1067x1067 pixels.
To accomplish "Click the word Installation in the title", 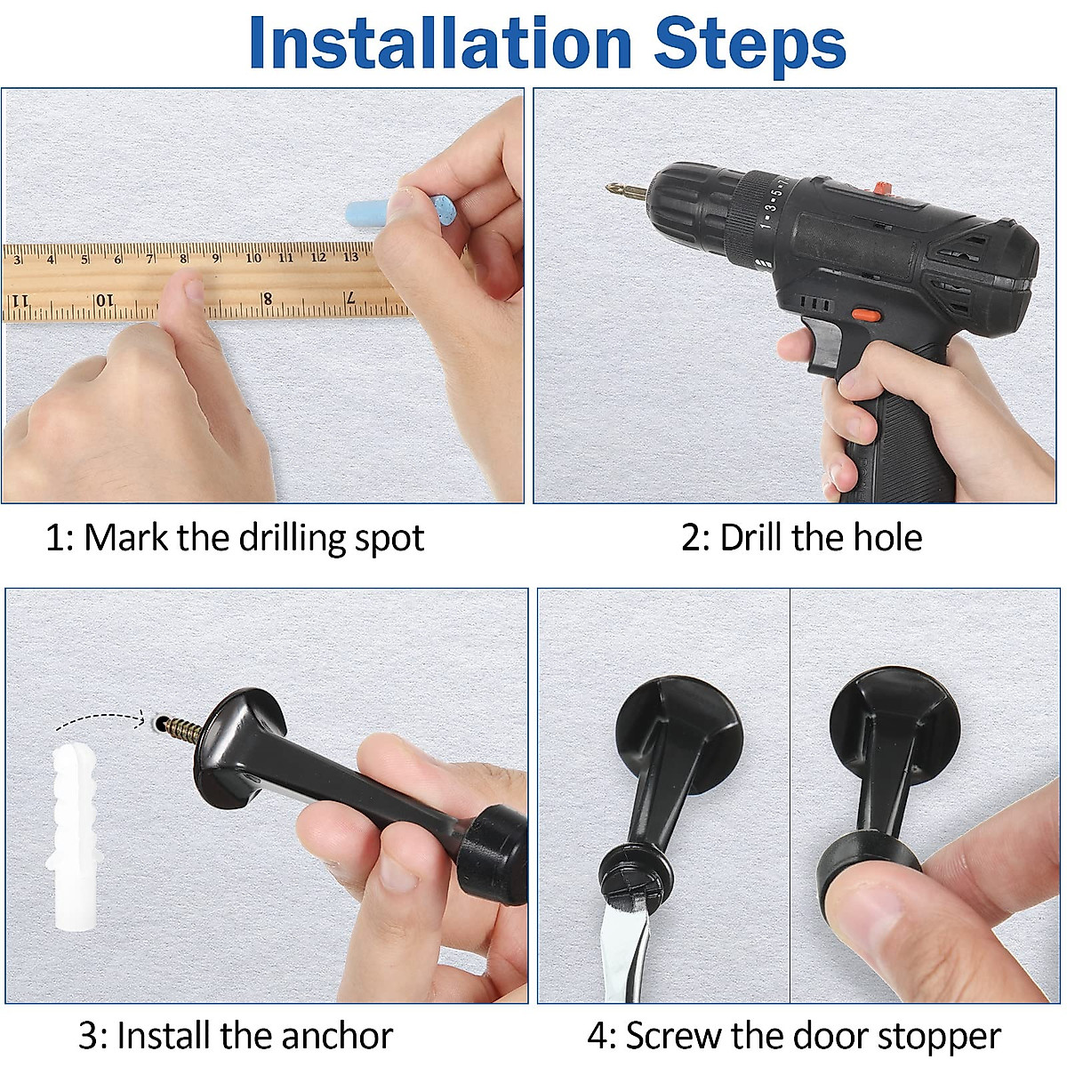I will coord(440,43).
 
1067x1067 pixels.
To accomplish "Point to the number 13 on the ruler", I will coord(350,257).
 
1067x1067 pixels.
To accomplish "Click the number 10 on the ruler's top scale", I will coord(253,258).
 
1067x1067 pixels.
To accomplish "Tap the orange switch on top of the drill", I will coord(881,189).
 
